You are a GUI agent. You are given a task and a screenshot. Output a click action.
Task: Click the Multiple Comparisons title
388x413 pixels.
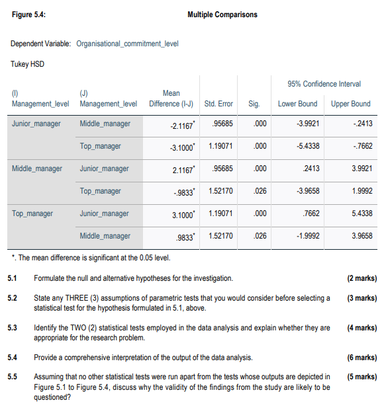[x=222, y=15]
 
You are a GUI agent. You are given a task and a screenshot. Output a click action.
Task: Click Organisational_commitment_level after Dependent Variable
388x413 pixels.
[x=127, y=44]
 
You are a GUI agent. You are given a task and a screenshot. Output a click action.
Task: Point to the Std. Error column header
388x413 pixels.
[x=218, y=104]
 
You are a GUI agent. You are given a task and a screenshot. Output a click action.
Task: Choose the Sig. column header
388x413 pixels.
[x=254, y=104]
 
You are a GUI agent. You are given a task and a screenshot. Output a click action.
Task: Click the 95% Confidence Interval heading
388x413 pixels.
[x=324, y=84]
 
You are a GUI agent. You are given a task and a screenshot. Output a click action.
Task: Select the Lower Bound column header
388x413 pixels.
[x=297, y=104]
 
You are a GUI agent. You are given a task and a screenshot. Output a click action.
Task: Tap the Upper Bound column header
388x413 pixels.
[x=350, y=104]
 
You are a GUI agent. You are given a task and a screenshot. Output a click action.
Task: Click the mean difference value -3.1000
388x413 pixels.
[x=175, y=146]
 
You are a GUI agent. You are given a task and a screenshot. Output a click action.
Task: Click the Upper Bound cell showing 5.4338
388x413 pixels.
[x=358, y=213]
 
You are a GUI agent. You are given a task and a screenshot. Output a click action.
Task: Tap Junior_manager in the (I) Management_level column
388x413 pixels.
[x=36, y=124]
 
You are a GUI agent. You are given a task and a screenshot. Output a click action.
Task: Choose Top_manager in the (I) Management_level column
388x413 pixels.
[x=32, y=213]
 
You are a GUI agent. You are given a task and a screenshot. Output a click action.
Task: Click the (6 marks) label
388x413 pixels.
[x=361, y=357]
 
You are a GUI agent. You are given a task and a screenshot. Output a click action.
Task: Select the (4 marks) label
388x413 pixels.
[x=361, y=328]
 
